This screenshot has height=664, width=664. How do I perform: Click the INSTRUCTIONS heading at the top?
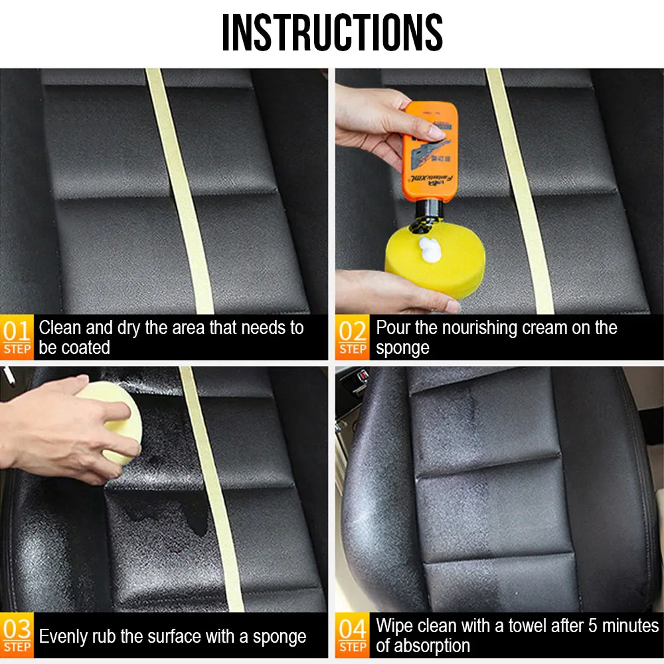point(333,32)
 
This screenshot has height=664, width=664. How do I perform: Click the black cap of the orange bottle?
point(428,212)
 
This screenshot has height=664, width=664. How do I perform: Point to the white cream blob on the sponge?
point(430,250)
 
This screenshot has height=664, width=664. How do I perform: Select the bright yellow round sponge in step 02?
point(435,259)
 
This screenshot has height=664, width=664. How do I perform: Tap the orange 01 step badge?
point(17,337)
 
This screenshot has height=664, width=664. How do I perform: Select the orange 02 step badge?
point(353,337)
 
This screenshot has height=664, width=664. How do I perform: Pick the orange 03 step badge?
point(17,635)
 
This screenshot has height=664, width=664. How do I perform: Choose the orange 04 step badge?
point(353,635)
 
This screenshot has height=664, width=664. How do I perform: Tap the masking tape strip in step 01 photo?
point(180,191)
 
